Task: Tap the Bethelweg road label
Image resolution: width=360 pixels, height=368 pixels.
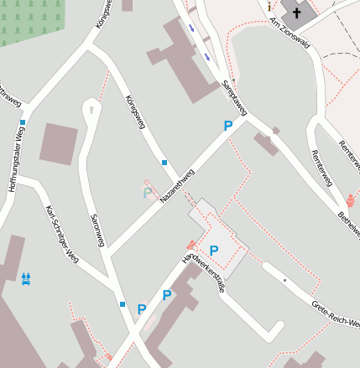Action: click(x=348, y=216)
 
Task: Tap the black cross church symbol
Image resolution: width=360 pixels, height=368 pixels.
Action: click(x=296, y=13)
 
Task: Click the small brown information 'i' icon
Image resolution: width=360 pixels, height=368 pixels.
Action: click(x=269, y=7)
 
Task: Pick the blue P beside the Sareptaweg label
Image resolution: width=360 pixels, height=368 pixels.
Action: click(x=227, y=126)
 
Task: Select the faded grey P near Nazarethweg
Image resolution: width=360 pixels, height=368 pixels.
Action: click(x=148, y=193)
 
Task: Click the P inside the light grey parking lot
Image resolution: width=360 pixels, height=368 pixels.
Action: click(x=214, y=250)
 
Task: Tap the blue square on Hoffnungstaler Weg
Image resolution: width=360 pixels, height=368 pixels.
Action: click(x=23, y=122)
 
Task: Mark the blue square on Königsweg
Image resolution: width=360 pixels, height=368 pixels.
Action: click(x=164, y=162)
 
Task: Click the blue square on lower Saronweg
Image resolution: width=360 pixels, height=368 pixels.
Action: click(x=123, y=303)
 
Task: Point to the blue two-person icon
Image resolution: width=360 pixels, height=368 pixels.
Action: click(x=27, y=277)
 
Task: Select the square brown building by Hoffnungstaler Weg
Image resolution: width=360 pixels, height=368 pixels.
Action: click(x=59, y=144)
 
